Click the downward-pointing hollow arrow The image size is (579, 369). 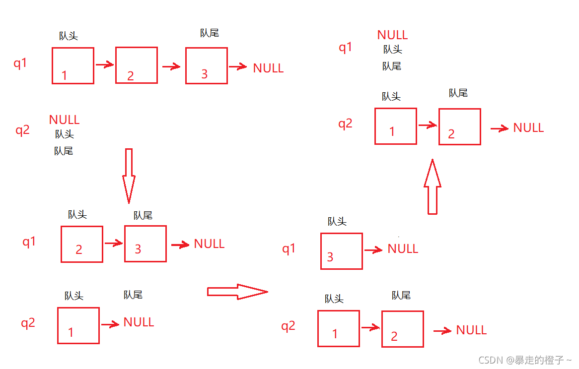click(129, 176)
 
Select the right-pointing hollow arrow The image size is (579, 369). click(237, 292)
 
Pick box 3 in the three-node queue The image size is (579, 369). click(206, 65)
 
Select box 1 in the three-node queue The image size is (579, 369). click(72, 65)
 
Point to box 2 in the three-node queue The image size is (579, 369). click(136, 65)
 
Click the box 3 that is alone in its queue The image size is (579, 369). click(341, 251)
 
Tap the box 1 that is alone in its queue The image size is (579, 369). click(78, 325)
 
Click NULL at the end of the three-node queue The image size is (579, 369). click(268, 68)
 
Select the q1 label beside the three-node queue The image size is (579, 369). click(20, 63)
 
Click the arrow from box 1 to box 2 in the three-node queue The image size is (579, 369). click(104, 65)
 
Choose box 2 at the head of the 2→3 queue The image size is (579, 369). click(81, 244)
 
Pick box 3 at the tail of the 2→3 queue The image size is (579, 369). click(145, 244)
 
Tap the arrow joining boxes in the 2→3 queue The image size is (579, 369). click(113, 243)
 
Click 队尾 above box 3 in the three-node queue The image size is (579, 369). click(209, 33)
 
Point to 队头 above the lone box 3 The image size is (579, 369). click(337, 222)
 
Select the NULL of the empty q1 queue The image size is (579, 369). click(392, 35)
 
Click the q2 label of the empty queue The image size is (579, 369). click(22, 130)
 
